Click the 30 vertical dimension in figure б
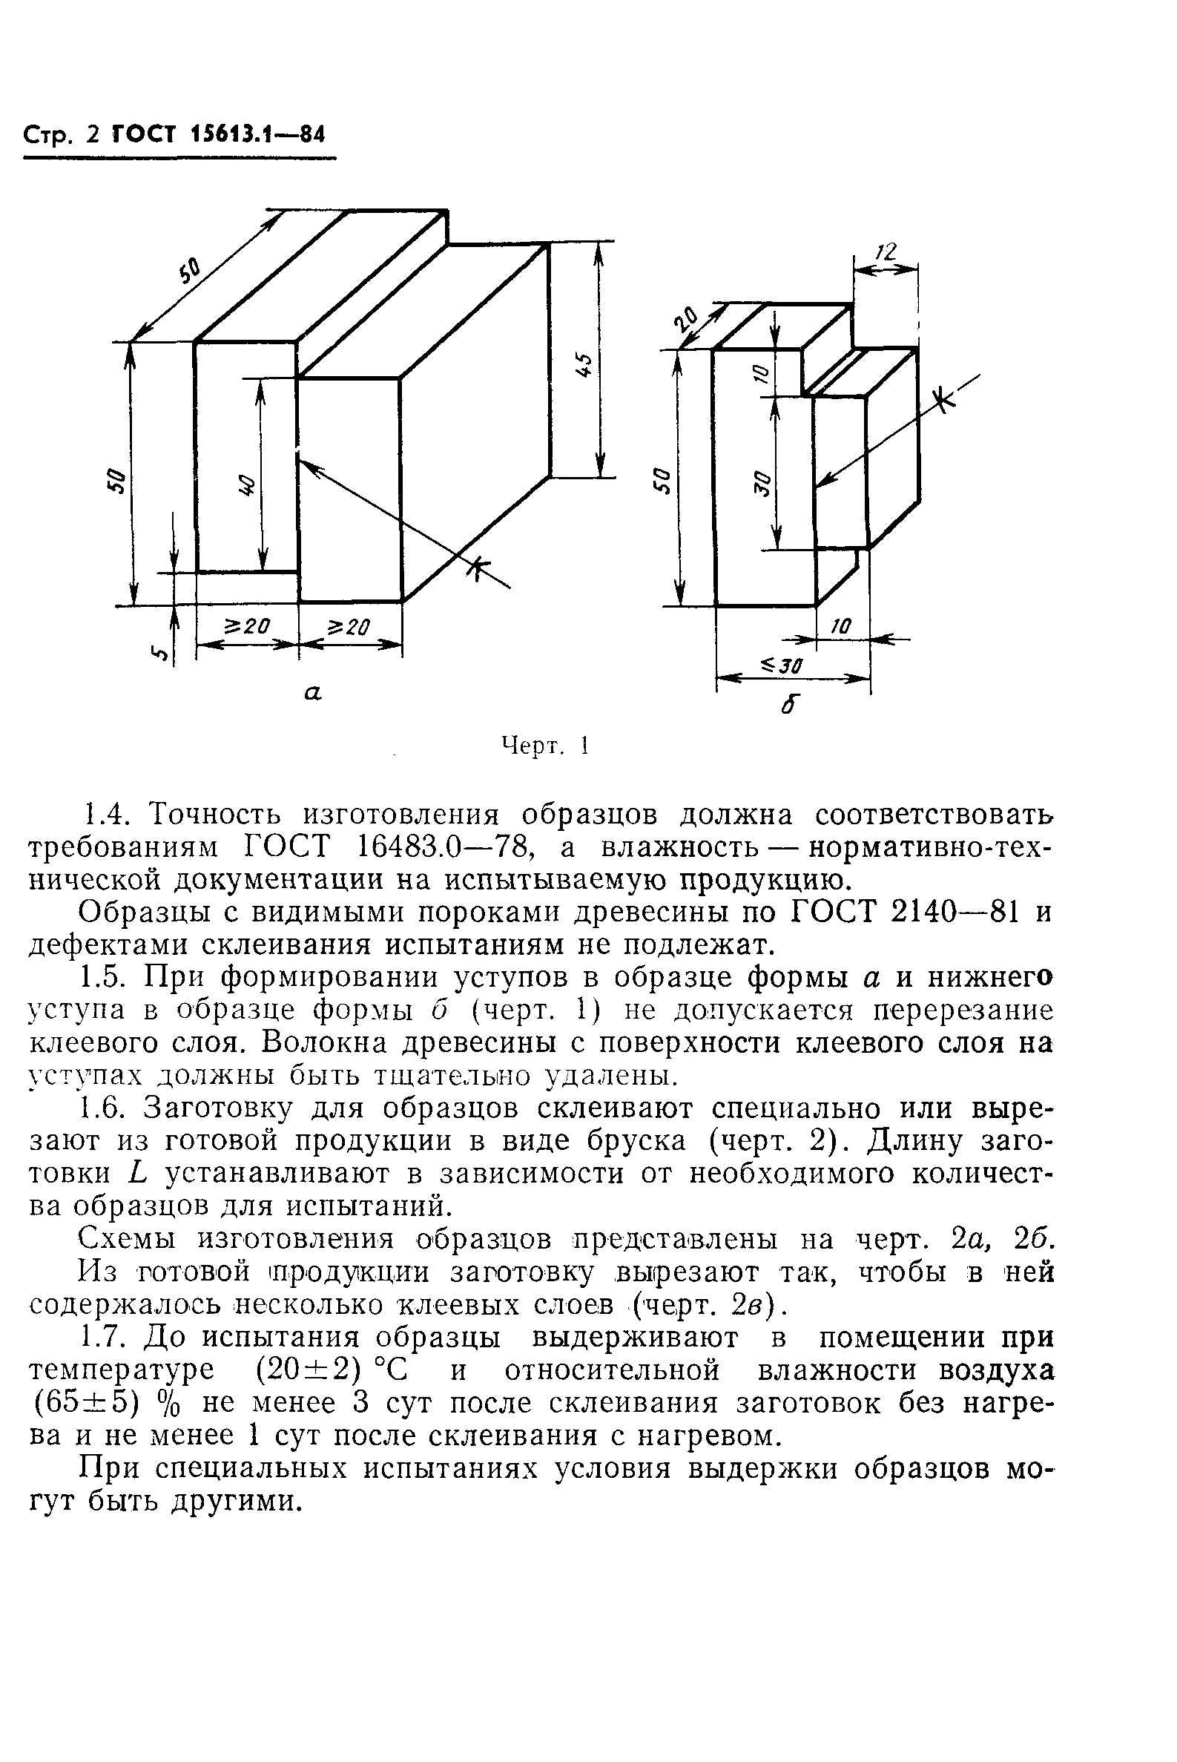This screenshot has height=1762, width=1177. click(x=761, y=482)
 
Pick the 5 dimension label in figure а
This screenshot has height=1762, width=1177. click(x=159, y=653)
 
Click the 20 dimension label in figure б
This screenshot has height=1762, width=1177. click(x=686, y=320)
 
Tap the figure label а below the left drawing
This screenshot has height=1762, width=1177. click(x=312, y=694)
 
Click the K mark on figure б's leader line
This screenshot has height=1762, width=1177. click(x=947, y=400)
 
